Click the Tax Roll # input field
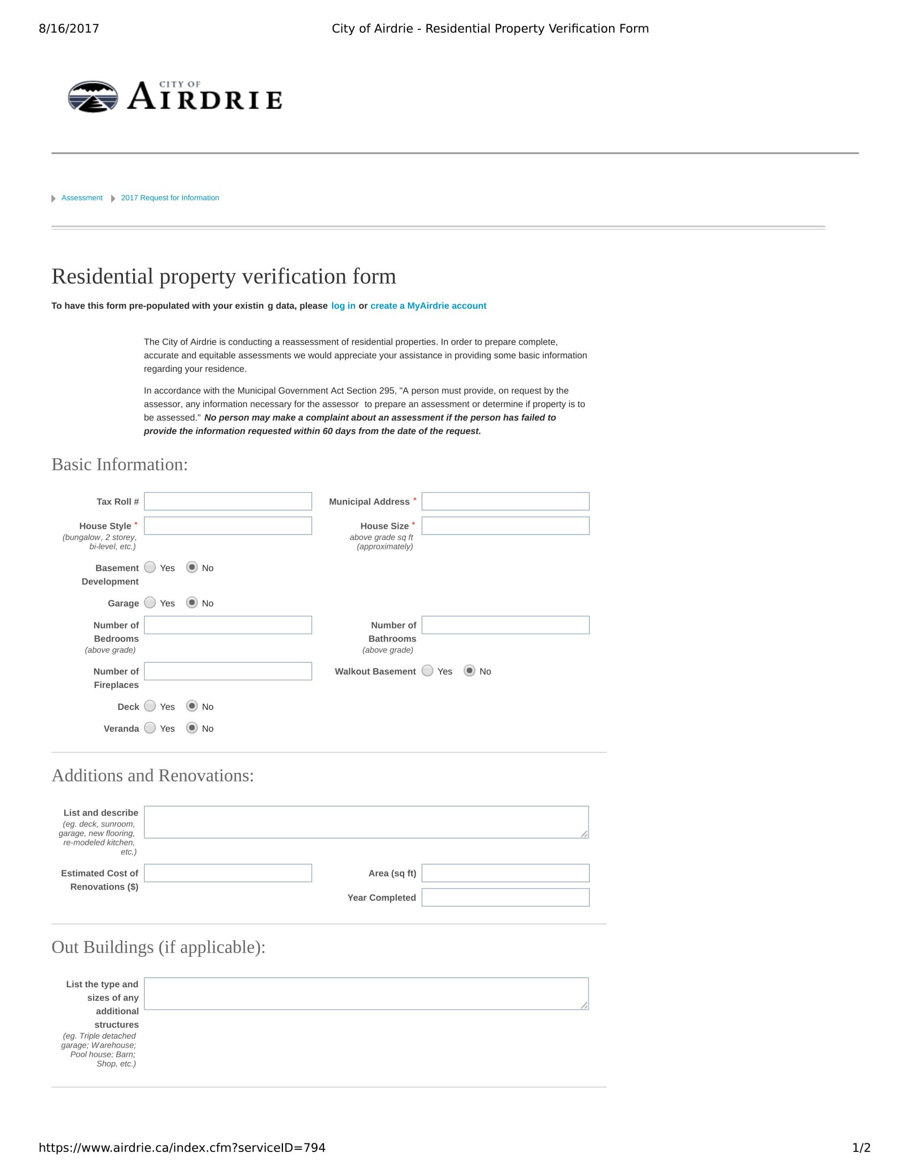tap(228, 501)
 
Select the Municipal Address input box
tap(505, 501)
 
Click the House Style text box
tap(228, 525)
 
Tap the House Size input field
tap(505, 525)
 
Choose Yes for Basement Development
tap(150, 567)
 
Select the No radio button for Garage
tap(192, 602)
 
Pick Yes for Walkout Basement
tap(428, 671)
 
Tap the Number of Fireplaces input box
tap(228, 671)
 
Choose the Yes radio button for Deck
tap(150, 706)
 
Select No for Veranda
tap(192, 728)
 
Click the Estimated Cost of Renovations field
tap(228, 873)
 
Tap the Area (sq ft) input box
tap(505, 873)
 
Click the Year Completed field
tap(505, 898)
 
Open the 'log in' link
tap(343, 306)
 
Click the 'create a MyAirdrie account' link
tap(428, 306)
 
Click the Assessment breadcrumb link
tap(82, 198)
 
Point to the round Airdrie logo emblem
tap(93, 97)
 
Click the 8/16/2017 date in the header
tap(69, 28)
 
